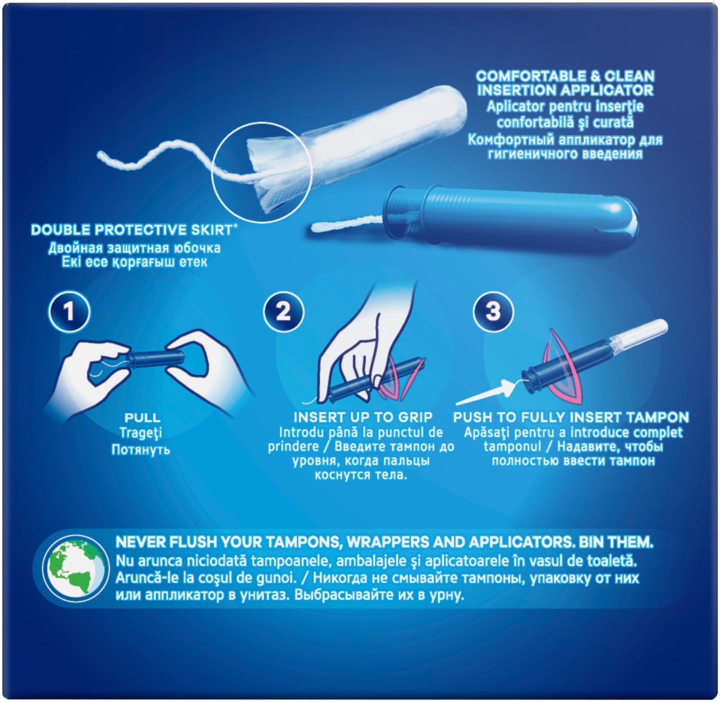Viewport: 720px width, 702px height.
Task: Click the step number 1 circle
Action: click(69, 311)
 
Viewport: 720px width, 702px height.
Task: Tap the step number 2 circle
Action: click(283, 311)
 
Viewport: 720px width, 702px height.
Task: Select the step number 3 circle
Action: click(493, 311)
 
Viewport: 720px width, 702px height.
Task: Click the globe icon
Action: click(76, 569)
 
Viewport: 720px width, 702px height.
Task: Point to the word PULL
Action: click(142, 418)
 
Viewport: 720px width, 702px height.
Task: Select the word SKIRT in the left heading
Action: click(212, 230)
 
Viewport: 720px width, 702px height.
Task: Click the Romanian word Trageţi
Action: click(141, 433)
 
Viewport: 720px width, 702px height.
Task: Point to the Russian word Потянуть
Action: click(141, 449)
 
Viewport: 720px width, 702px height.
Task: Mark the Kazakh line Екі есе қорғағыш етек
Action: click(134, 262)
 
